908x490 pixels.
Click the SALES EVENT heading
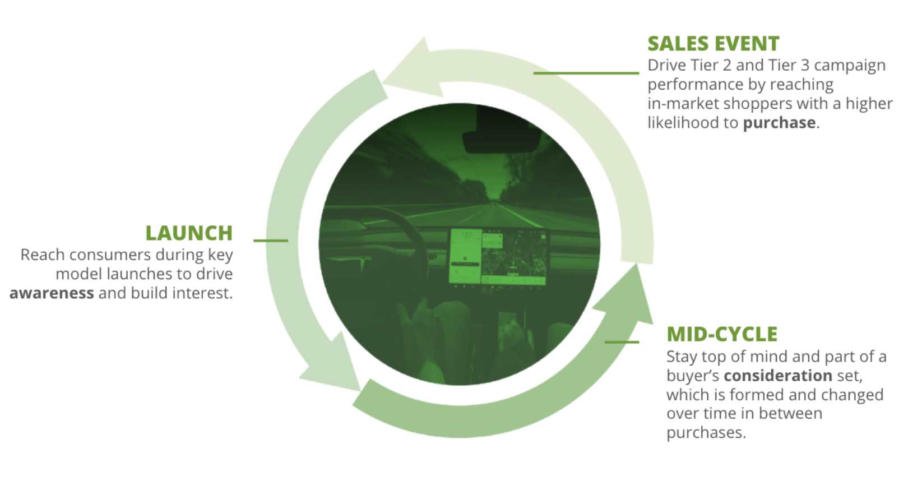(x=713, y=43)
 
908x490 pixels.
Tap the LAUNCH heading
(x=189, y=233)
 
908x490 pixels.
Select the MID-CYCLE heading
(x=722, y=335)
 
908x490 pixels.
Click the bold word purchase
(x=779, y=122)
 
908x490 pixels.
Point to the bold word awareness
(x=52, y=293)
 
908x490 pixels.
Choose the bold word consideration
(x=778, y=376)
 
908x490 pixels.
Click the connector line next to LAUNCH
(x=271, y=241)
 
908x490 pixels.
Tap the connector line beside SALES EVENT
(x=586, y=73)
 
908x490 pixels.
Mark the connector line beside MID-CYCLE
(x=622, y=342)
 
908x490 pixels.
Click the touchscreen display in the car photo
(x=498, y=257)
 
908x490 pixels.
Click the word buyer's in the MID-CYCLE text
(x=693, y=376)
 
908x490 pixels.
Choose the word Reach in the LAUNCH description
(x=43, y=255)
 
